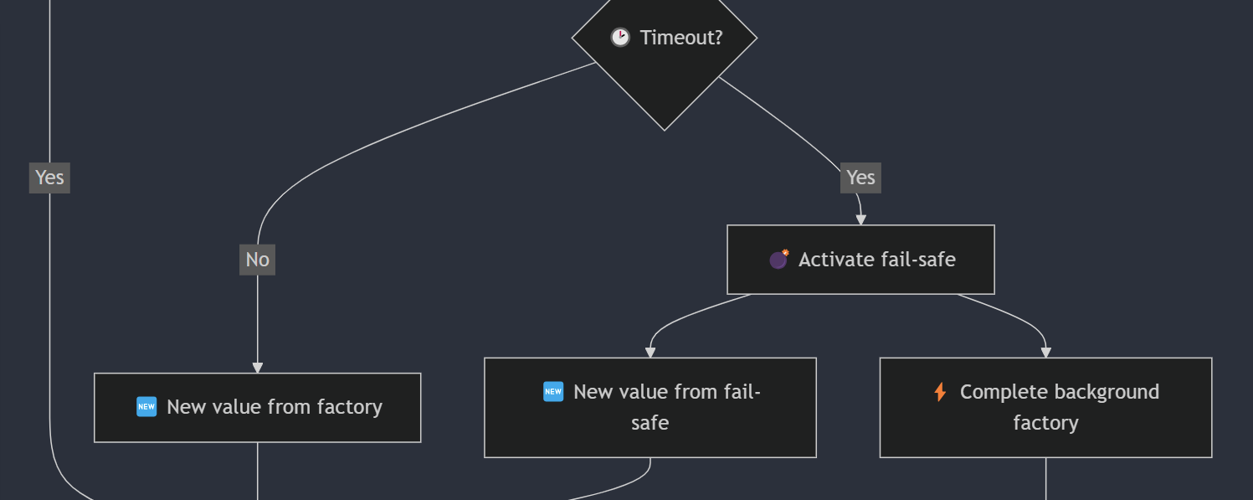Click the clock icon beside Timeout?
pos(619,38)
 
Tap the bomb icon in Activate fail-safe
pos(778,260)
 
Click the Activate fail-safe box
pos(860,276)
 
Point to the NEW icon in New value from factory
pos(146,407)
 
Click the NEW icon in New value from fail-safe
pos(553,392)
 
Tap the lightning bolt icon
pos(940,392)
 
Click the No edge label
pos(257,260)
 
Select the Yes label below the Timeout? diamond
pos(860,178)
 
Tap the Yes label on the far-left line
pos(49,178)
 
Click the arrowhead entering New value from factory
pos(257,368)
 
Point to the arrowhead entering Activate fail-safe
pos(860,219)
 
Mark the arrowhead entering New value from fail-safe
pos(650,353)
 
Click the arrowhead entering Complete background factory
pos(1045,353)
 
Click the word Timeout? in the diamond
pos(680,38)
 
